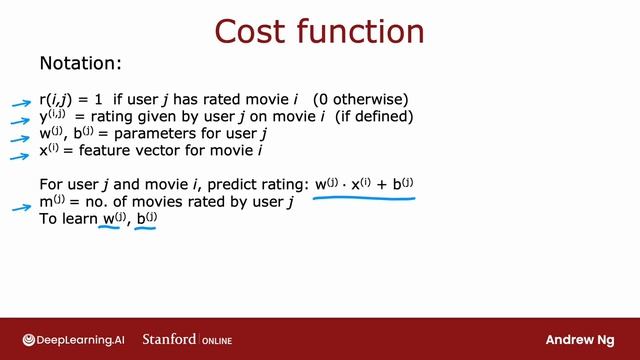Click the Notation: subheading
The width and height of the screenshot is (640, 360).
80,64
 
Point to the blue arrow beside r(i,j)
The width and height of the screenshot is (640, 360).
20,102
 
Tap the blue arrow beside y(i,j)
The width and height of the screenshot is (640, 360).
20,119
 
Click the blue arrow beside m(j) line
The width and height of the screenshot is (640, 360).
20,209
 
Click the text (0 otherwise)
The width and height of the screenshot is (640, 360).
360,100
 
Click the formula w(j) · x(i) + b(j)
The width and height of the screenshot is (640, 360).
364,184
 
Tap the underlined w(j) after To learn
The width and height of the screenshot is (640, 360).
113,220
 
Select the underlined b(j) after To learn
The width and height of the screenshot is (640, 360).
147,220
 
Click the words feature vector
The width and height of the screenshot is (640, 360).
126,152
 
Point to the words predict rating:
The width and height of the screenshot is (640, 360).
261,185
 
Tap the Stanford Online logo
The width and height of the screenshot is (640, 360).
187,339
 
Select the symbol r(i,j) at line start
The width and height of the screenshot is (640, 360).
54,100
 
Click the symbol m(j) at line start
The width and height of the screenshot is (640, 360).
52,202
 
